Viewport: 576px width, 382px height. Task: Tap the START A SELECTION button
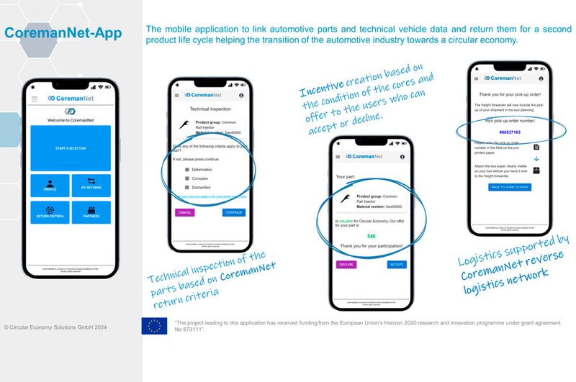point(71,148)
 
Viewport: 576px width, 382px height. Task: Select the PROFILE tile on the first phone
point(50,186)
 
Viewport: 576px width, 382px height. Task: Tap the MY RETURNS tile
point(91,186)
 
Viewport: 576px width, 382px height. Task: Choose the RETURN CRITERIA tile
point(50,213)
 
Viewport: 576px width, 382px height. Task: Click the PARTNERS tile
point(91,213)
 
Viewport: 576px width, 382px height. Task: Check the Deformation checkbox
point(186,169)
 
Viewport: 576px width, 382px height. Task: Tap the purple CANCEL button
point(184,213)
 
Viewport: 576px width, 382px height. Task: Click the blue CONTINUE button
point(233,213)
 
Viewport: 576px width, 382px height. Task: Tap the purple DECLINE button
point(346,265)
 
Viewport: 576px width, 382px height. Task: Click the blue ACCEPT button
point(397,265)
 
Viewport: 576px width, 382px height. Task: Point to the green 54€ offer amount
point(372,235)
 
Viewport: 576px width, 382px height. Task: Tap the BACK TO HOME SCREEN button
point(509,187)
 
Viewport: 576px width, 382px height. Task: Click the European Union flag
point(154,326)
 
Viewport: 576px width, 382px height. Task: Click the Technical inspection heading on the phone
point(209,108)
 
